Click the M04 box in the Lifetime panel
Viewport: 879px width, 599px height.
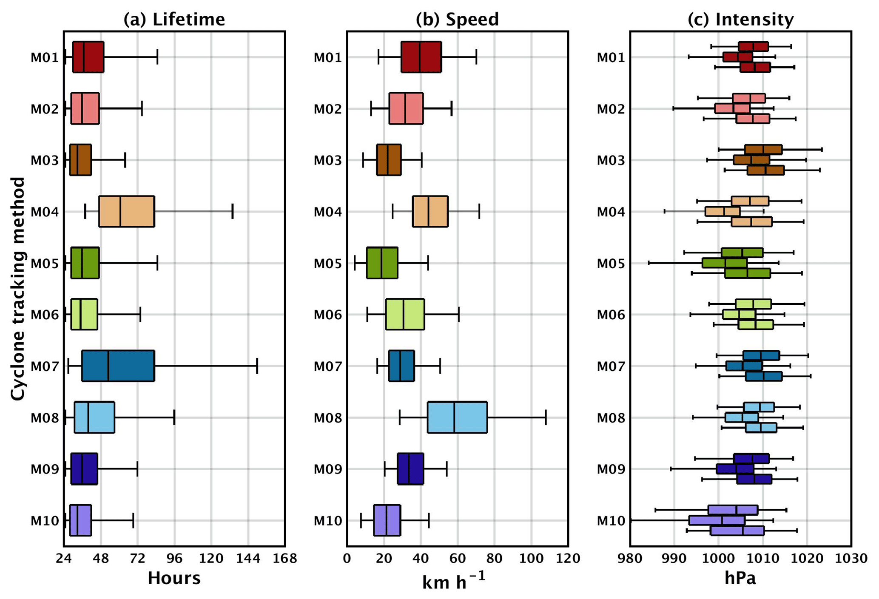126,211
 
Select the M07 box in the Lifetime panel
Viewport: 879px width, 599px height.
118,366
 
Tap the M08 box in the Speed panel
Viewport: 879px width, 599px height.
457,417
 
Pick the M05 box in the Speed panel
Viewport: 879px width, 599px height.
382,263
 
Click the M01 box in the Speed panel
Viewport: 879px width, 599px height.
421,57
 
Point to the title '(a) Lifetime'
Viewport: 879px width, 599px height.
174,20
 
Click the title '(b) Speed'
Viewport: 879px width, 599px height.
457,20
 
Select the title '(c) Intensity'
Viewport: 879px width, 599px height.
740,20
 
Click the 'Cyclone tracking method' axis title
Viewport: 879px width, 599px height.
18,289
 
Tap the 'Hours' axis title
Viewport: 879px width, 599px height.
174,578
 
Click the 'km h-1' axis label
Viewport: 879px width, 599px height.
454,581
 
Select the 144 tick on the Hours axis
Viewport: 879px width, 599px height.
248,558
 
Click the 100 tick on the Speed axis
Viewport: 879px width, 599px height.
531,558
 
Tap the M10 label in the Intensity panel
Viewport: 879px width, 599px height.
611,520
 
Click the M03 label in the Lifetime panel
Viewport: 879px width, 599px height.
44,160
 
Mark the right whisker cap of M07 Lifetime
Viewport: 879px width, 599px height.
257,366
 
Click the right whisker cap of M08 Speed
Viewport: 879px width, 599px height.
546,417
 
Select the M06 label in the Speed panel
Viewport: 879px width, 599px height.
327,315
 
